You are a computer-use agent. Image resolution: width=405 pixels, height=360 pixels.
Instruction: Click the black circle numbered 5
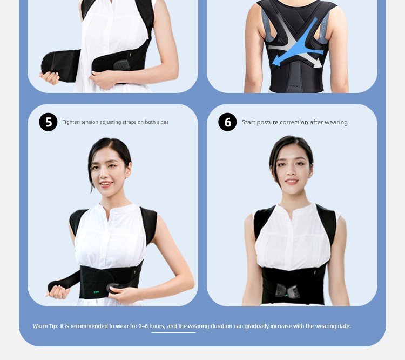pyautogui.click(x=48, y=122)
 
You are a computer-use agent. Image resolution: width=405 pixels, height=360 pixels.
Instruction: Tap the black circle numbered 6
pyautogui.click(x=227, y=122)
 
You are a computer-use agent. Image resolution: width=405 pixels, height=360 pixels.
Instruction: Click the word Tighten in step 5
pyautogui.click(x=71, y=122)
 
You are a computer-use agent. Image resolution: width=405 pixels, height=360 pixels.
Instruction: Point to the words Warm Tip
pyautogui.click(x=45, y=326)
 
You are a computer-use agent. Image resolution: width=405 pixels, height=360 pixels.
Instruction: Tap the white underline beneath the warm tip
pyautogui.click(x=173, y=332)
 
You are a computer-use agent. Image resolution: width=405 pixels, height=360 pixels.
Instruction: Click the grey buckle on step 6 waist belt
pyautogui.click(x=287, y=290)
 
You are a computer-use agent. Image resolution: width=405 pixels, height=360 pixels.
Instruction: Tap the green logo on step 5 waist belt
pyautogui.click(x=96, y=292)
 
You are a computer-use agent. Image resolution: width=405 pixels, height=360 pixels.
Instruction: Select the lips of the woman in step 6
pyautogui.click(x=292, y=181)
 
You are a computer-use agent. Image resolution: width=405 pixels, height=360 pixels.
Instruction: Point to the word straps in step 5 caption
pyautogui.click(x=129, y=122)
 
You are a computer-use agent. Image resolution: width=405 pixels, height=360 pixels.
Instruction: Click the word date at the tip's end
pyautogui.click(x=345, y=326)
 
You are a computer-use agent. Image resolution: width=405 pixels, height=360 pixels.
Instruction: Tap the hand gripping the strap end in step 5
pyautogui.click(x=57, y=292)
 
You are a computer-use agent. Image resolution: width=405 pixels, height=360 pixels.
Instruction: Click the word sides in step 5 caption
pyautogui.click(x=163, y=122)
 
